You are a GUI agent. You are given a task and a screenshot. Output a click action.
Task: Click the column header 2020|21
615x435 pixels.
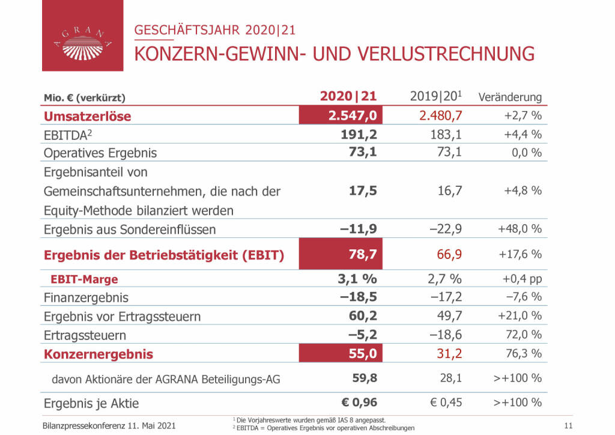tap(348, 96)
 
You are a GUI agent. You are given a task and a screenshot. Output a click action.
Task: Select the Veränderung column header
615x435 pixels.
tap(510, 97)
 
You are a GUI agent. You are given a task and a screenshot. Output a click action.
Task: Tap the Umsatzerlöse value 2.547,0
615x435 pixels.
tap(353, 116)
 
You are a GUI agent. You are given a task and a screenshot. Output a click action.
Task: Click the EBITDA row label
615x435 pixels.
tap(66, 135)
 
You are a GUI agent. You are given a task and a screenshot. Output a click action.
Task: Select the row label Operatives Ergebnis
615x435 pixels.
tap(100, 153)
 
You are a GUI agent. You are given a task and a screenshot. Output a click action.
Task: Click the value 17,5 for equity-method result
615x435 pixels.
tap(363, 190)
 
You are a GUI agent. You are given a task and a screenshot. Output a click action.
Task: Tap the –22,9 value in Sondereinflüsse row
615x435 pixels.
tap(445, 229)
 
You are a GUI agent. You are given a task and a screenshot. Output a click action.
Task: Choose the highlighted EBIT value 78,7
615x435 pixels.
tap(363, 254)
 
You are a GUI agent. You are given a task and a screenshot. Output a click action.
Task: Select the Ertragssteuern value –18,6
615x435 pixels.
tap(445, 335)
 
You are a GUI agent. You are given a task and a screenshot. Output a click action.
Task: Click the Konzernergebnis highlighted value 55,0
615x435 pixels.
tap(363, 354)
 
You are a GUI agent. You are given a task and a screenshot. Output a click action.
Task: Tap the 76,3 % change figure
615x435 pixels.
tap(524, 353)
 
